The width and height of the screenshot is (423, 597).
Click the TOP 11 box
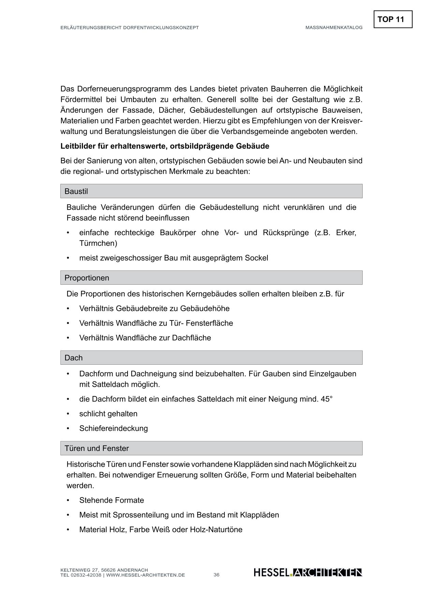coord(393,19)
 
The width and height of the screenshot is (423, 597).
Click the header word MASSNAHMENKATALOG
coord(334,28)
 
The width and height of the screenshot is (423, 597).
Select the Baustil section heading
coord(76,191)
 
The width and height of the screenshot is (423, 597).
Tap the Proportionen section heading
coord(87,278)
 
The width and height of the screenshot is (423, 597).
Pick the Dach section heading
coord(73,358)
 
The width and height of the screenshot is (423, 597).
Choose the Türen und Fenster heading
coord(97,449)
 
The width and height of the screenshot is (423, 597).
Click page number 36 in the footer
coord(217,575)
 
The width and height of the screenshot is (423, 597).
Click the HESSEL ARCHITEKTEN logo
coord(308,573)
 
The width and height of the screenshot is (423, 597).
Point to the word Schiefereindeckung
coord(113,428)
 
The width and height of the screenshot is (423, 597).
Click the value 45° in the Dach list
coord(326,399)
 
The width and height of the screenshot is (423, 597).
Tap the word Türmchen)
coord(98,243)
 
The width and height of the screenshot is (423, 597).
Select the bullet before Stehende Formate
coord(68,500)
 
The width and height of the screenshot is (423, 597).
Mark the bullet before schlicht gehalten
coord(68,414)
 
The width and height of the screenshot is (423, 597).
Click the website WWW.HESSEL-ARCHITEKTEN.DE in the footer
coord(146,575)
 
